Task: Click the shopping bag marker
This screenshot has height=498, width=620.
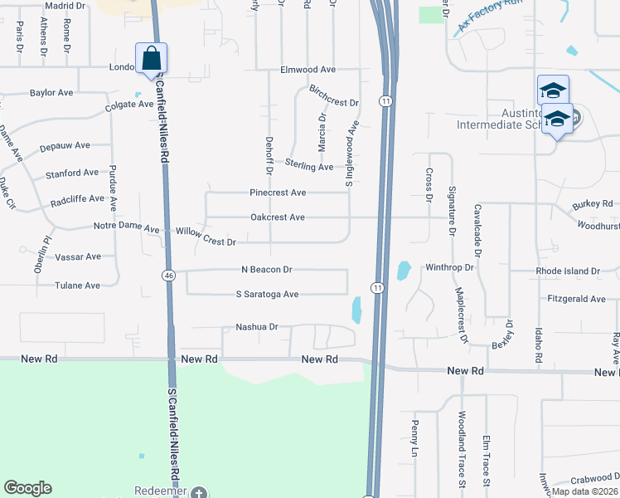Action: [151, 59]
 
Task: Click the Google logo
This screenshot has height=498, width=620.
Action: [27, 488]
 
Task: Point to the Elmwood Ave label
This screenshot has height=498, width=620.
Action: [308, 70]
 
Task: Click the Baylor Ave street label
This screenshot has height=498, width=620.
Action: [53, 93]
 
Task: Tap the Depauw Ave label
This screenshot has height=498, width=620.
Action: [65, 145]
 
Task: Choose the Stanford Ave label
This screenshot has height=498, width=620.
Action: [73, 173]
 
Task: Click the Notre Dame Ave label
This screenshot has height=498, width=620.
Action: [126, 227]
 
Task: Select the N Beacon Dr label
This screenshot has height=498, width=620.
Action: [267, 270]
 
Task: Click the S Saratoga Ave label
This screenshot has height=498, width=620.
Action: [267, 295]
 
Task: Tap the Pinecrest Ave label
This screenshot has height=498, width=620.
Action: [278, 193]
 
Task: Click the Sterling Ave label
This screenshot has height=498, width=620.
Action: [309, 167]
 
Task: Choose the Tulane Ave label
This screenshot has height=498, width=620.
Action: [77, 286]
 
